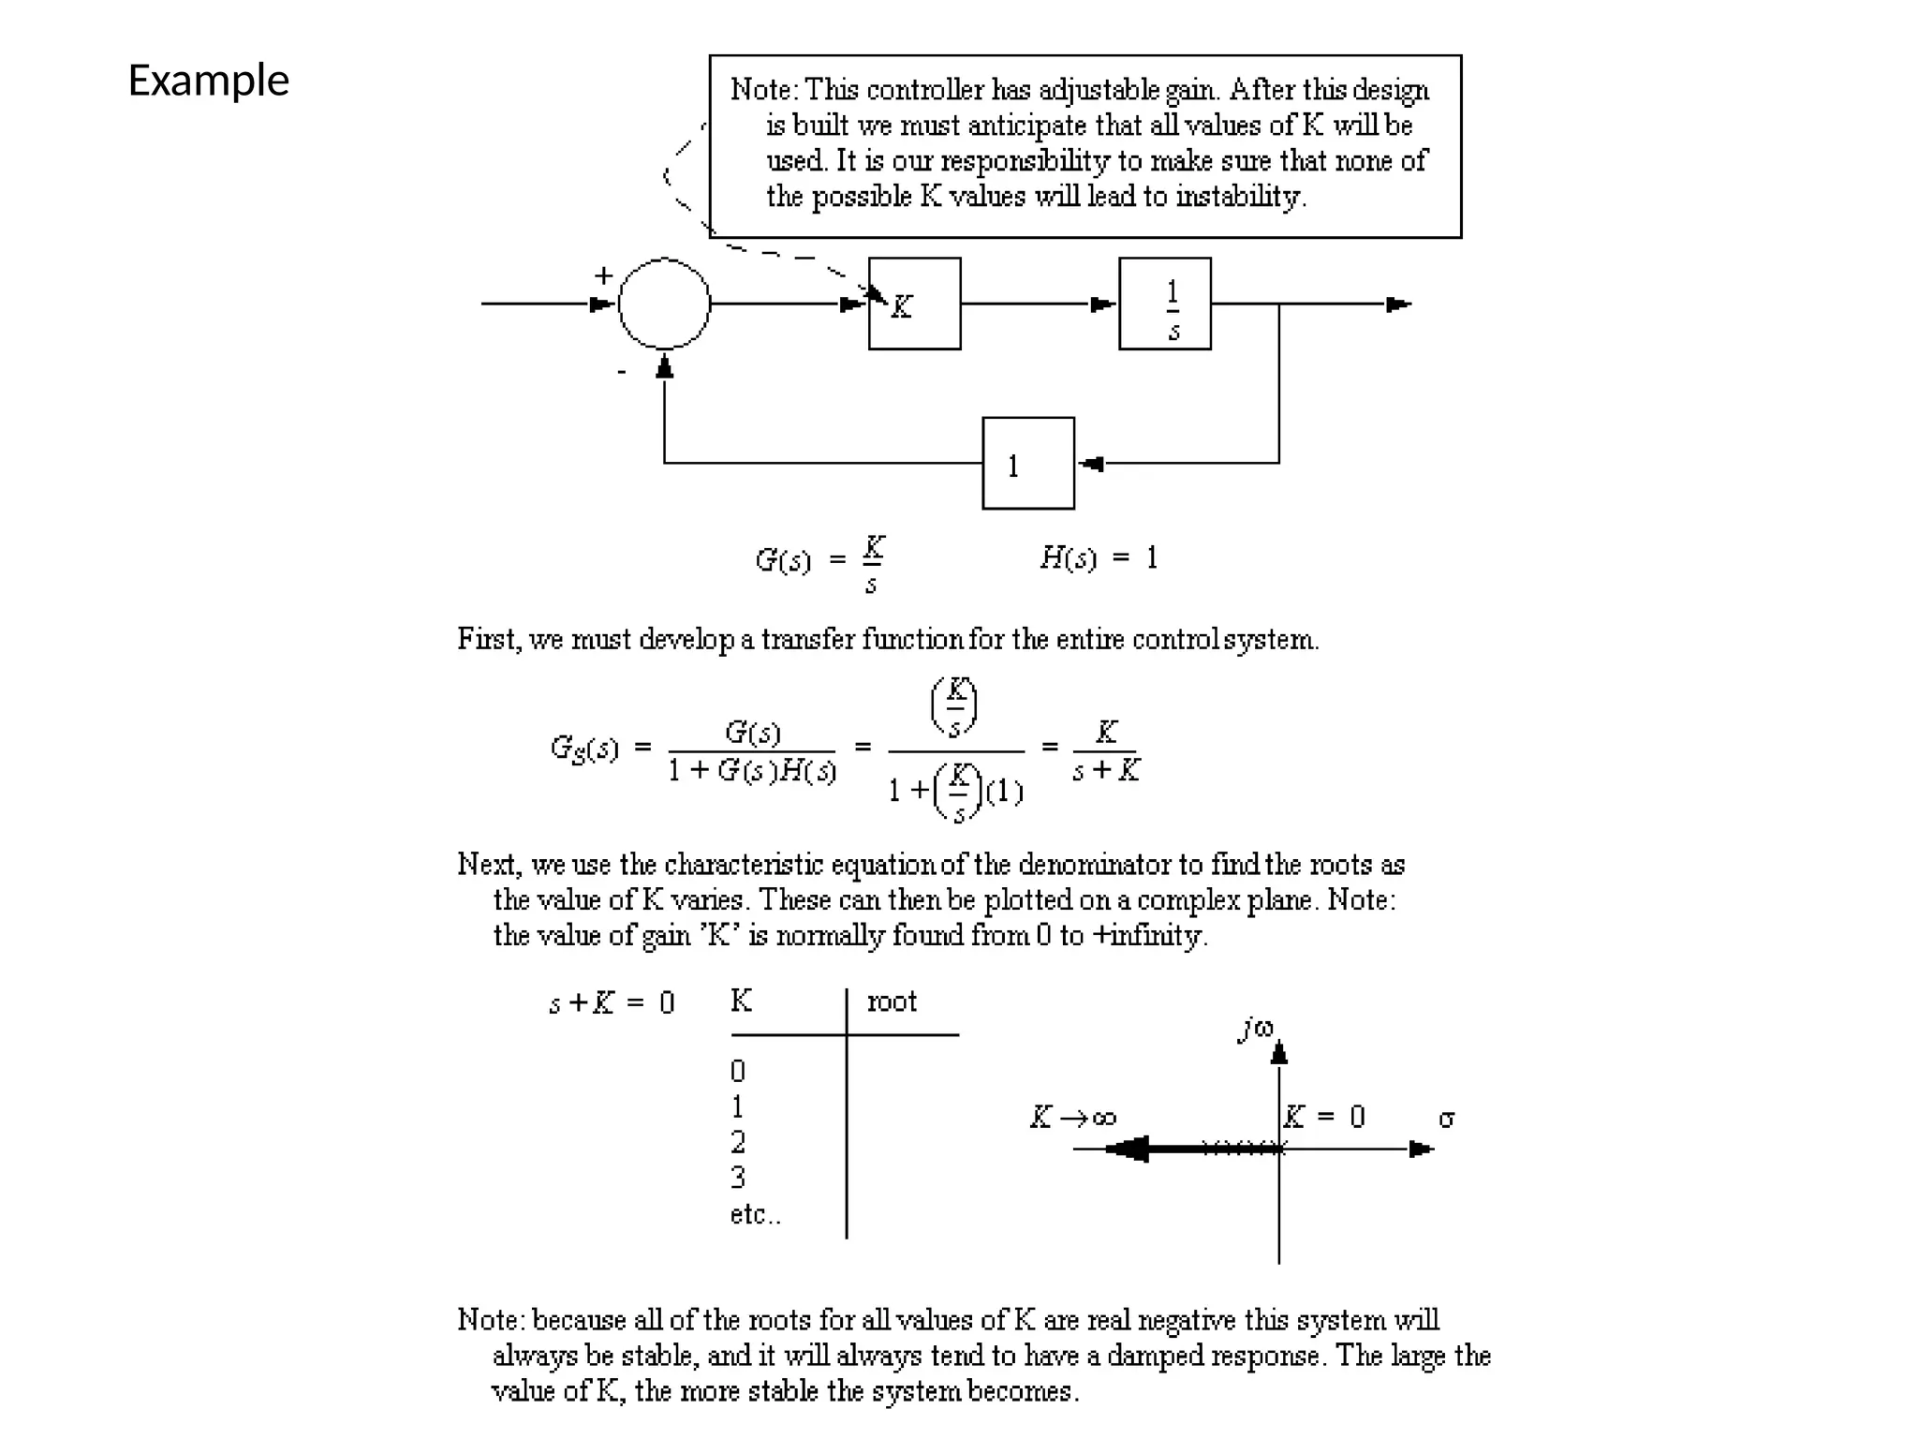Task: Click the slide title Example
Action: point(208,82)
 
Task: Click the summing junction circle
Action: point(664,304)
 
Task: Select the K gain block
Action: point(914,304)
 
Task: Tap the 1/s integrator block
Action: point(1164,304)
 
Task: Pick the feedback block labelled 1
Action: point(1027,463)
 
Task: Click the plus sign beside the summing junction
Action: point(603,275)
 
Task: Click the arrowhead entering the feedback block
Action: point(1091,463)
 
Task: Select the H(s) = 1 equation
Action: point(1099,558)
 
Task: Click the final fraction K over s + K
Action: point(1106,750)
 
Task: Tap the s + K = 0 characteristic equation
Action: point(611,1003)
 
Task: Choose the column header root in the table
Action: point(892,1002)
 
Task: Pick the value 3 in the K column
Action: point(738,1177)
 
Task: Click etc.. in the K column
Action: point(755,1214)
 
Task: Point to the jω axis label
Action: point(1256,1029)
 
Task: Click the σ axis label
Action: point(1447,1119)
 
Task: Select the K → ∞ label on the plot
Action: point(1072,1118)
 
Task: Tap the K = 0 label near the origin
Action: point(1324,1117)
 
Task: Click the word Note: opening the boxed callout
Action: point(763,90)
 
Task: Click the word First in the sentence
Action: point(487,640)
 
